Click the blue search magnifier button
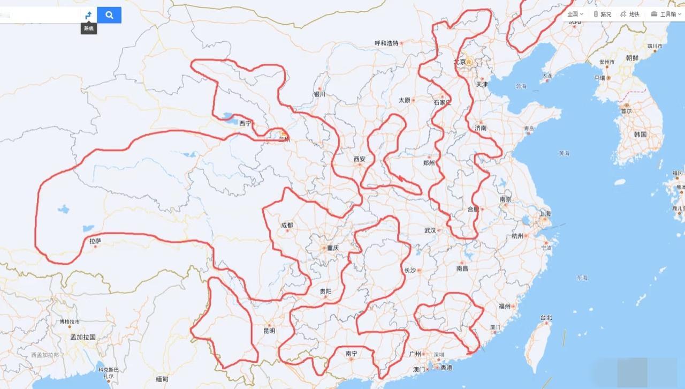(109, 15)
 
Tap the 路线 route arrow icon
(89, 15)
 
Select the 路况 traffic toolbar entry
(602, 14)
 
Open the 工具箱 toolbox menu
(665, 14)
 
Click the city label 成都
(287, 225)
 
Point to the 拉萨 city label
(95, 242)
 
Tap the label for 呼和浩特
(386, 43)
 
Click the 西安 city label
(359, 159)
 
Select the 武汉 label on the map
(430, 230)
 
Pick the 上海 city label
(545, 213)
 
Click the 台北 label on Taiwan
(545, 318)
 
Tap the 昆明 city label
(269, 331)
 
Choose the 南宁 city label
(351, 353)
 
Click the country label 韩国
(640, 134)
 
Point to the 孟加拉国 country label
(83, 337)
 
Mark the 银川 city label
(319, 94)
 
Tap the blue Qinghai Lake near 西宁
(228, 116)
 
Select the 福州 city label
(504, 306)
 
